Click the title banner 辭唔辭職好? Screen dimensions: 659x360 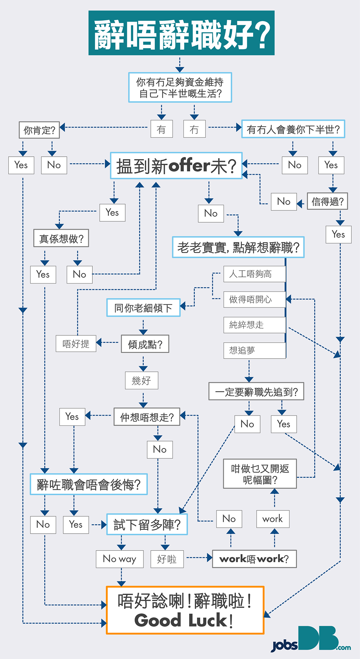click(x=181, y=33)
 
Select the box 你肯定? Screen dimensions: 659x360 click(x=39, y=130)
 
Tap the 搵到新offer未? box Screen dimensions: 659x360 click(x=176, y=165)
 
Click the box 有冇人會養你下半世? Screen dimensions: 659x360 click(x=293, y=129)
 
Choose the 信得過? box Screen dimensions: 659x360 click(x=327, y=201)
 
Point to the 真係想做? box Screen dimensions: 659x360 click(x=61, y=239)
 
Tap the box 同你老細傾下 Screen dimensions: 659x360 click(x=143, y=308)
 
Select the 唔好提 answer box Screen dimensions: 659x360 click(x=76, y=344)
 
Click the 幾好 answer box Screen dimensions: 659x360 click(x=141, y=380)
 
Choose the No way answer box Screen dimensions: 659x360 click(x=120, y=559)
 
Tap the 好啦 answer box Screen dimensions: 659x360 click(x=167, y=559)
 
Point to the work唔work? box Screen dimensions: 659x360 click(x=254, y=559)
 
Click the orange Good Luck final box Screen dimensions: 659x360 click(x=185, y=610)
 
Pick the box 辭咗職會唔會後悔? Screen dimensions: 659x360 click(x=89, y=484)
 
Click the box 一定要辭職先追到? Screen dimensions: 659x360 click(x=256, y=391)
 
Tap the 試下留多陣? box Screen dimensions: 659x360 click(x=147, y=524)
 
